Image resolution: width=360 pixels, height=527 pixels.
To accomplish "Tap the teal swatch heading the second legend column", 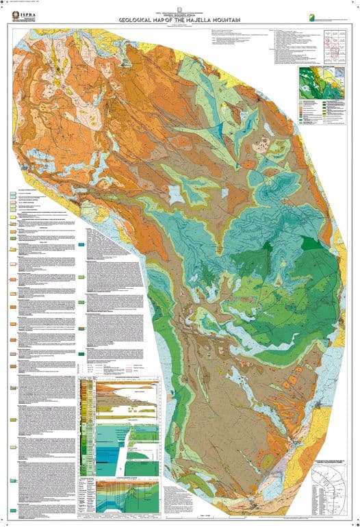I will pos(81,244).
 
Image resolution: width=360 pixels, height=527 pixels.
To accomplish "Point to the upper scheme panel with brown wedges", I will pos(127,397).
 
